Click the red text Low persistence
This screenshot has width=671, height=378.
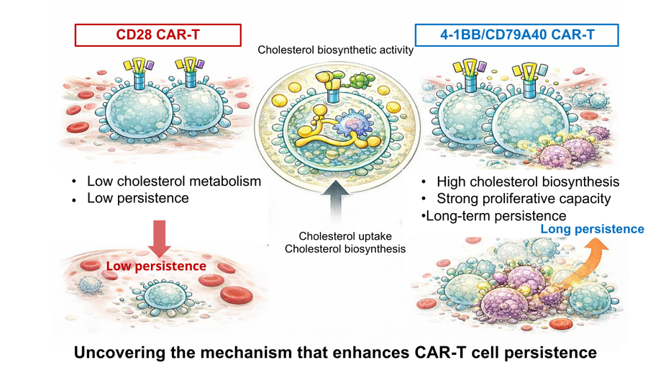point(156,266)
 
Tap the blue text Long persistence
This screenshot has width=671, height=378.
point(592,229)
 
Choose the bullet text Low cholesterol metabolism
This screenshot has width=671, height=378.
point(173,181)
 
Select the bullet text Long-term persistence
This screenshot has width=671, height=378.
point(496,215)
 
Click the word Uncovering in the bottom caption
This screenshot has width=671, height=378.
point(116,353)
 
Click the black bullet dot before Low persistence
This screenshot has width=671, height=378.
point(76,199)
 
